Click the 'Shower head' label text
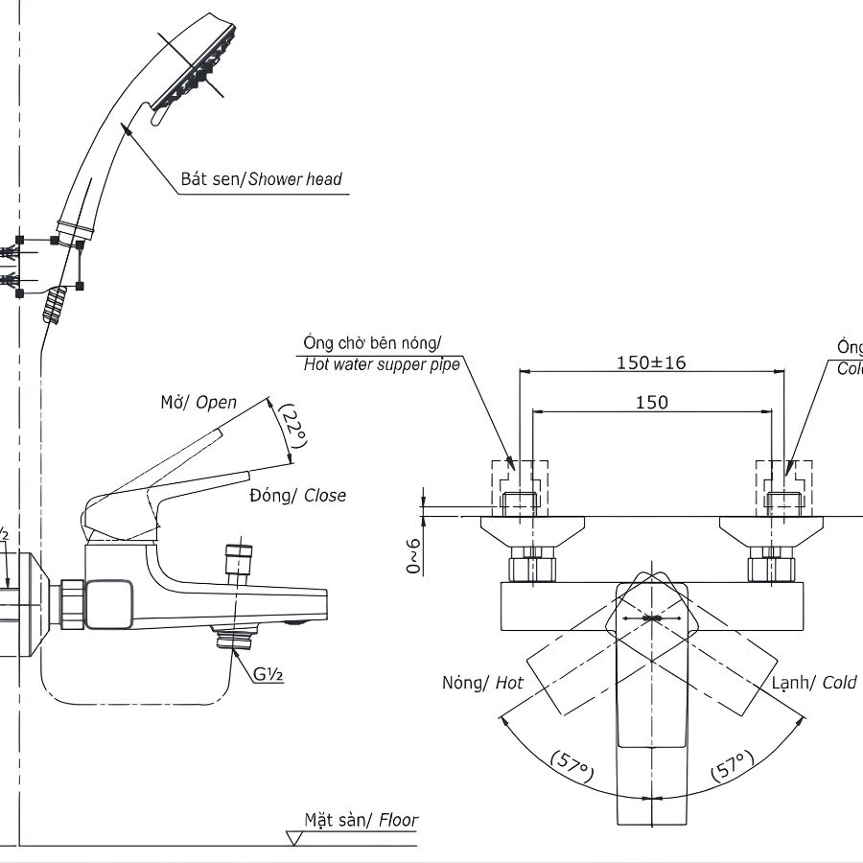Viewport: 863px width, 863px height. pos(294,179)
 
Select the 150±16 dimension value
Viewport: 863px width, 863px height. pos(651,362)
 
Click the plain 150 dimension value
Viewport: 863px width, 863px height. pos(651,403)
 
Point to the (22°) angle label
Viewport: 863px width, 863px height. pos(293,425)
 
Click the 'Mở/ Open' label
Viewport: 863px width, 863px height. pos(198,403)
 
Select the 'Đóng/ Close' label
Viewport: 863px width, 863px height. pos(297,496)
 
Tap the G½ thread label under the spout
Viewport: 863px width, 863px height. pos(268,674)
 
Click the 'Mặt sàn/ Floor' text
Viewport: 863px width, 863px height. pos(362,820)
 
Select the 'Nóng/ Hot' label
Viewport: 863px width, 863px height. pos(482,683)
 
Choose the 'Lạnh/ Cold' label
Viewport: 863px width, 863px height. pos(814,683)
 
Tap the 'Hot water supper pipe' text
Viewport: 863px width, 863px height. pos(382,364)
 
